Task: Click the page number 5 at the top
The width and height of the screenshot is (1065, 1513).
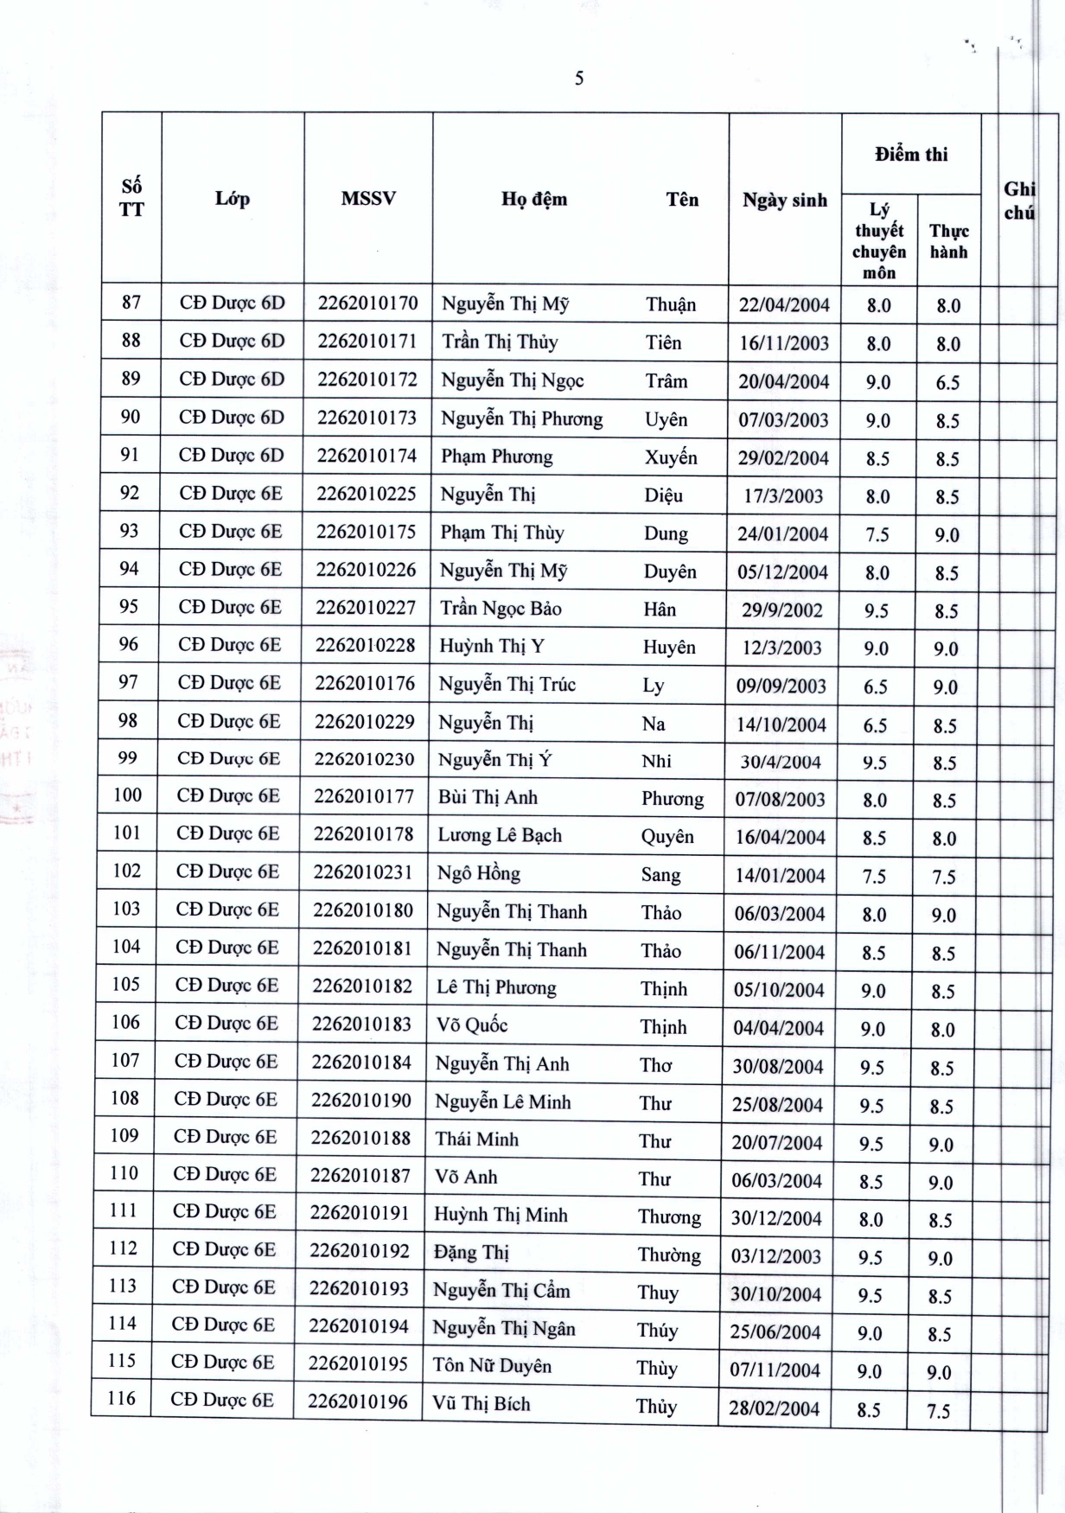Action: point(579,79)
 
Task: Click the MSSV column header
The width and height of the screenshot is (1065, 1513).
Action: point(368,199)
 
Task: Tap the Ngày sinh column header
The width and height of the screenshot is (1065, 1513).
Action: point(784,201)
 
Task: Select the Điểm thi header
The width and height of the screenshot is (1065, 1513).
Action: point(911,155)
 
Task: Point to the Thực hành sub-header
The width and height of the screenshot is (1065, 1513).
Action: point(948,241)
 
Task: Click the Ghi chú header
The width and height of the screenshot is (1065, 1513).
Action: point(1019,201)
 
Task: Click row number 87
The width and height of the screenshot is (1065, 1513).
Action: point(131,303)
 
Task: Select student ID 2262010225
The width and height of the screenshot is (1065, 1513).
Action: point(367,494)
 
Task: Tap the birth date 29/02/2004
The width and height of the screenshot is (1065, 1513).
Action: point(783,458)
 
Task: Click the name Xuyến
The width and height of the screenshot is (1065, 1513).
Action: point(671,457)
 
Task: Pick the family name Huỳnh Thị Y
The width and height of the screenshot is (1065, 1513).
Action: point(492,646)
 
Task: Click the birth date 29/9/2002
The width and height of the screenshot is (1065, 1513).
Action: point(781,610)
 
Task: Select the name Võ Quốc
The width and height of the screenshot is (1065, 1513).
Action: point(472,1025)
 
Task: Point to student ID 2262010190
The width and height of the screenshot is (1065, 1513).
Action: point(361,1101)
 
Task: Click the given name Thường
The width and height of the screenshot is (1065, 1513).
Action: point(669,1254)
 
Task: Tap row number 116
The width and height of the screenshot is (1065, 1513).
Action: point(122,1398)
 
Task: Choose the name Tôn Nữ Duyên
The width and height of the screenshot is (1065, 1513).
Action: point(492,1366)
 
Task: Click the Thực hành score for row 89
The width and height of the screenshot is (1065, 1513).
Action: point(947,383)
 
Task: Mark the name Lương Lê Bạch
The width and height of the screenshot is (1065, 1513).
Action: point(500,835)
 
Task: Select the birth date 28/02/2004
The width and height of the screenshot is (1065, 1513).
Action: point(774,1408)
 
